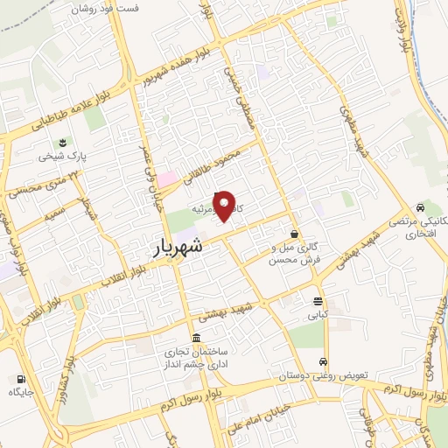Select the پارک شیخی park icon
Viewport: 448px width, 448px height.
(x=62, y=143)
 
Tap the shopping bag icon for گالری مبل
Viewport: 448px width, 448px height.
(x=294, y=234)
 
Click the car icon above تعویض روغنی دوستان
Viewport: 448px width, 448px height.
(x=324, y=361)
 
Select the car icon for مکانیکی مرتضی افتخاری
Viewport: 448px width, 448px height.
(x=422, y=208)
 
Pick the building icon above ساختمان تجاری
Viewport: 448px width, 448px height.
(x=195, y=339)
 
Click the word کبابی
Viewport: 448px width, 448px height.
(x=316, y=312)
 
